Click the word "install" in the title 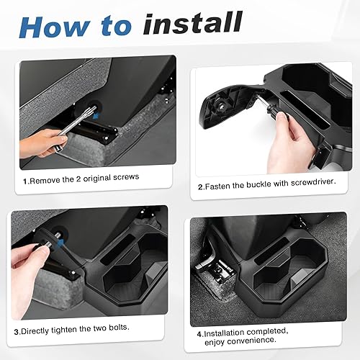[x=192, y=23]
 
